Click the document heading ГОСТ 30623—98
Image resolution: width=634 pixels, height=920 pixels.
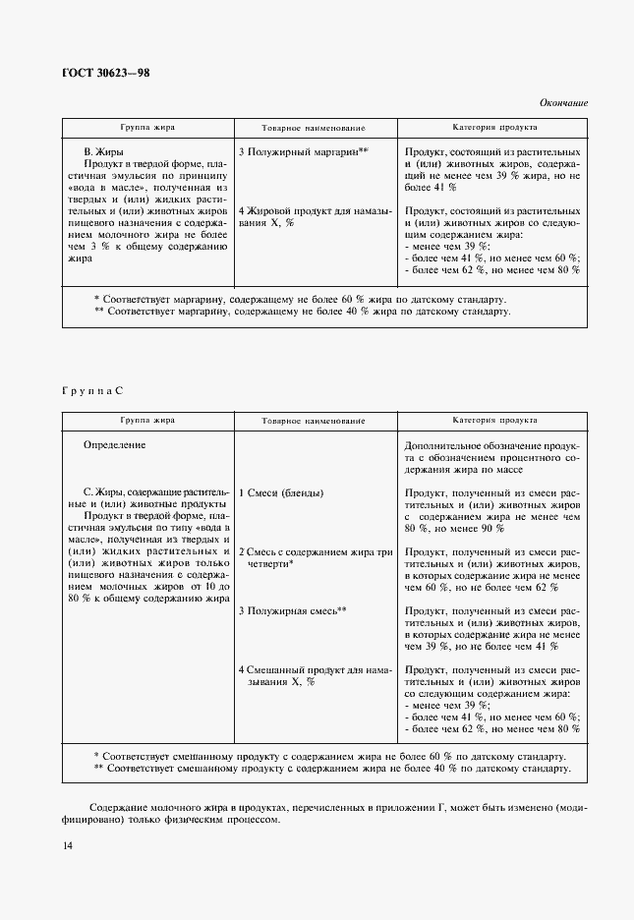[x=107, y=73]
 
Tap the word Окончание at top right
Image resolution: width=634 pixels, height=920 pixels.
[x=562, y=102]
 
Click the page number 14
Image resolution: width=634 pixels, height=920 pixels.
[x=67, y=846]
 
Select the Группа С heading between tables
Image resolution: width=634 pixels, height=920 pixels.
[x=92, y=390]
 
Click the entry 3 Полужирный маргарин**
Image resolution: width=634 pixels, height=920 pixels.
[x=303, y=151]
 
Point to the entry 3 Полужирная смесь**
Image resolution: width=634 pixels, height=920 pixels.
[x=293, y=610]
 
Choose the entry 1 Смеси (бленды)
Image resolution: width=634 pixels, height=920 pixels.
[x=281, y=492]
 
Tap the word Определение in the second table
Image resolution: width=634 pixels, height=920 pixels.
[x=115, y=445]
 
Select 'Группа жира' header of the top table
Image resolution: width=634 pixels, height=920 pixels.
[x=147, y=128]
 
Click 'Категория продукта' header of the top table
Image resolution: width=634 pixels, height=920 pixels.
[x=494, y=128]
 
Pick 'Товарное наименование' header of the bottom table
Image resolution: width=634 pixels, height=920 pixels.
[x=314, y=421]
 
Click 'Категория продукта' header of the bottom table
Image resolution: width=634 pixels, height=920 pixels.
[x=494, y=421]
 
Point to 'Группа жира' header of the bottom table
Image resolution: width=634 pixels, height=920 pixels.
[x=147, y=421]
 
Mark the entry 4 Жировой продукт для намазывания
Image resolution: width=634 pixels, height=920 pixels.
[x=315, y=216]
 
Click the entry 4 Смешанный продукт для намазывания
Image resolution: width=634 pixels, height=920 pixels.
[x=315, y=675]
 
